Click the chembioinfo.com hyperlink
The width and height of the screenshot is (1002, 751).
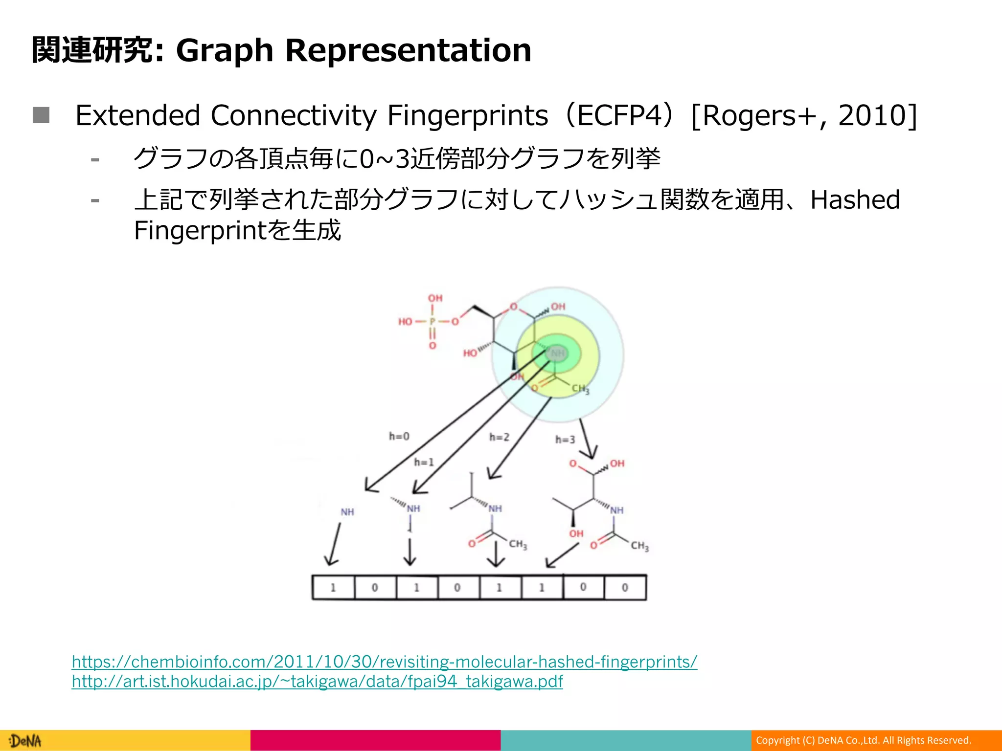point(384,662)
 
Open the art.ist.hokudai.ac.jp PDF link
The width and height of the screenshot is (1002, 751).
point(317,681)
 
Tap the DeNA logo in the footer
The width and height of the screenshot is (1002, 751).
point(26,741)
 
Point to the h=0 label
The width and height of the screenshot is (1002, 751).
point(399,436)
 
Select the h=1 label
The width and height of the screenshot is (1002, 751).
point(424,462)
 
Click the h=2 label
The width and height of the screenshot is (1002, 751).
point(499,437)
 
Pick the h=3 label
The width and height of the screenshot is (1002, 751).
point(565,440)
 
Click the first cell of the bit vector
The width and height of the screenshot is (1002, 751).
point(333,588)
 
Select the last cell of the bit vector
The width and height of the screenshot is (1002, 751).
point(625,588)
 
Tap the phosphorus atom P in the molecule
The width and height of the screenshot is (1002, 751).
point(433,322)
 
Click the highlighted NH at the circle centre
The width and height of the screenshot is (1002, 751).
point(557,353)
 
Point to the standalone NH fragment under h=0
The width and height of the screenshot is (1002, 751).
point(347,512)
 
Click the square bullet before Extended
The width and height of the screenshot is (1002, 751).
point(42,115)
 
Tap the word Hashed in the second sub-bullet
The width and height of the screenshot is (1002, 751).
point(855,199)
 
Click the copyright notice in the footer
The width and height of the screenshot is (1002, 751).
point(863,740)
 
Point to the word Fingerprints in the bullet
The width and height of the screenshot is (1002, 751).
point(467,116)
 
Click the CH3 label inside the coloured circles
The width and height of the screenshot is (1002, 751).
point(581,389)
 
